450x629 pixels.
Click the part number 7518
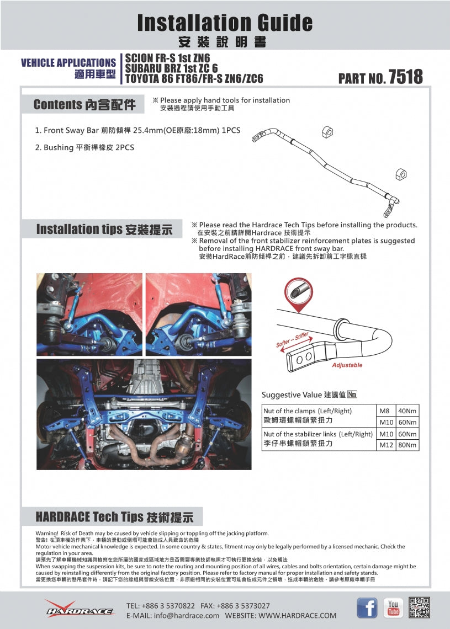click(405, 77)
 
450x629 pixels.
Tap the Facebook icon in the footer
click(367, 607)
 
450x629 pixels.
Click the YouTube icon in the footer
click(393, 607)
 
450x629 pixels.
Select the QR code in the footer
click(419, 607)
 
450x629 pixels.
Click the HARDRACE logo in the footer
click(80, 609)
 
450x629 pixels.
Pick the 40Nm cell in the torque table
click(408, 411)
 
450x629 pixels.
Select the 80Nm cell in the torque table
click(408, 445)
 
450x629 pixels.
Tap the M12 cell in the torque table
click(385, 445)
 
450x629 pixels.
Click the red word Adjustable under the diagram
click(347, 365)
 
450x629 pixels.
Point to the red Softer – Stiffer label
click(292, 340)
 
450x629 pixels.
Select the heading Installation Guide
click(225, 23)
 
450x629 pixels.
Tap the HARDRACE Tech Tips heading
click(114, 516)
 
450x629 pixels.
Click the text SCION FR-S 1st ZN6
click(168, 57)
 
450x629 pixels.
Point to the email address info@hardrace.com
click(173, 615)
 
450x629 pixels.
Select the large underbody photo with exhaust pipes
click(144, 414)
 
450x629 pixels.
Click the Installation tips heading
click(104, 229)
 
